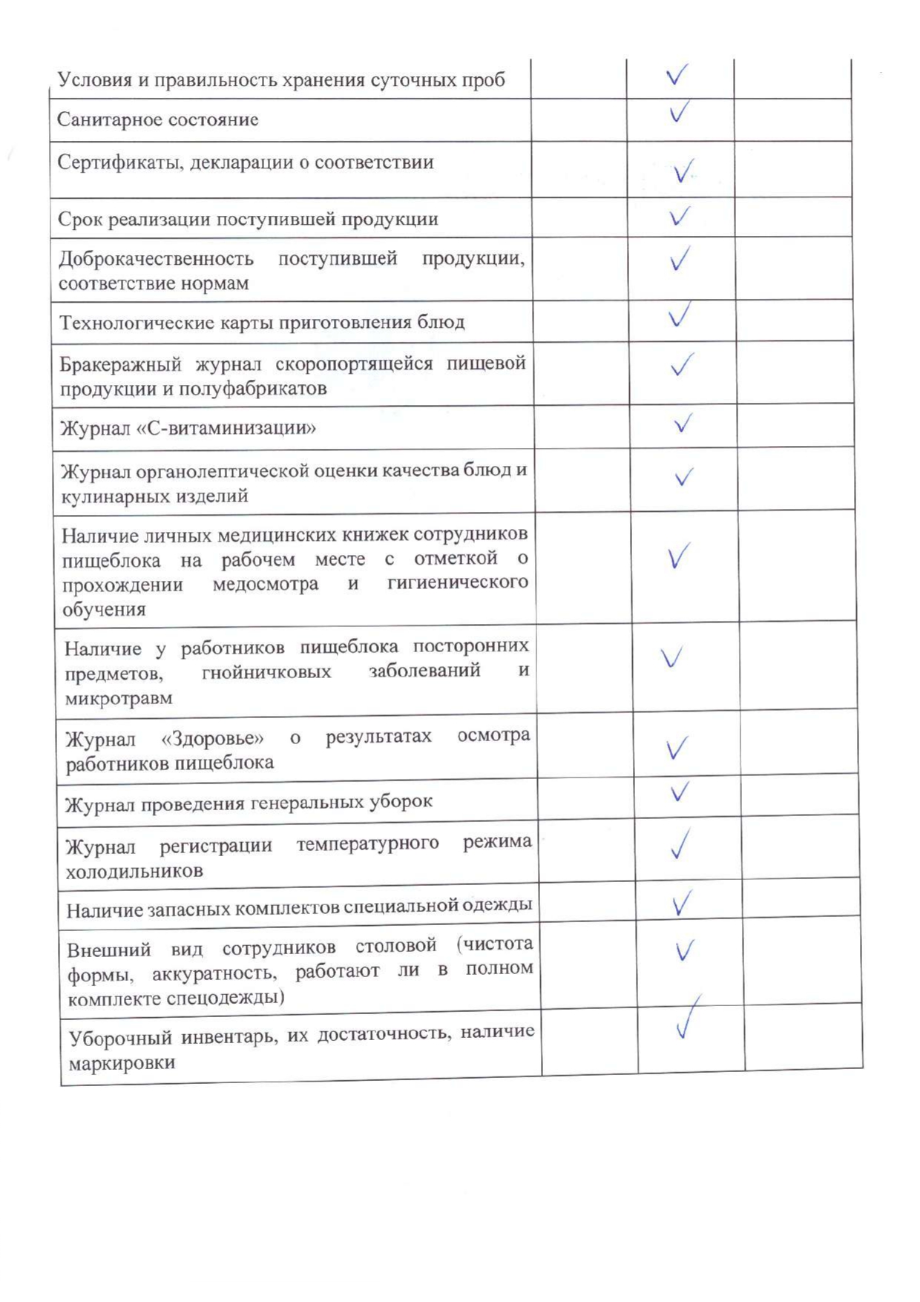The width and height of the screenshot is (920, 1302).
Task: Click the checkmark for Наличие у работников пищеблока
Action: [671, 657]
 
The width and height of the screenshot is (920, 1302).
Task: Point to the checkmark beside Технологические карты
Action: [680, 315]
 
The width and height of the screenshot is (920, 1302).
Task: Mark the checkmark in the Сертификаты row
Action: [683, 171]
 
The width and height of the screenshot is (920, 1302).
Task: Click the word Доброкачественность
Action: [156, 259]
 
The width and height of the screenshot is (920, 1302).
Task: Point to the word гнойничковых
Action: [266, 673]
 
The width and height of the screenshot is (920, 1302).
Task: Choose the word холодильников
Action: [134, 871]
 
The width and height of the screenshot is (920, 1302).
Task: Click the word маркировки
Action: [122, 1063]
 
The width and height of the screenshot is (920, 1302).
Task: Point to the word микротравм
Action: [119, 698]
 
